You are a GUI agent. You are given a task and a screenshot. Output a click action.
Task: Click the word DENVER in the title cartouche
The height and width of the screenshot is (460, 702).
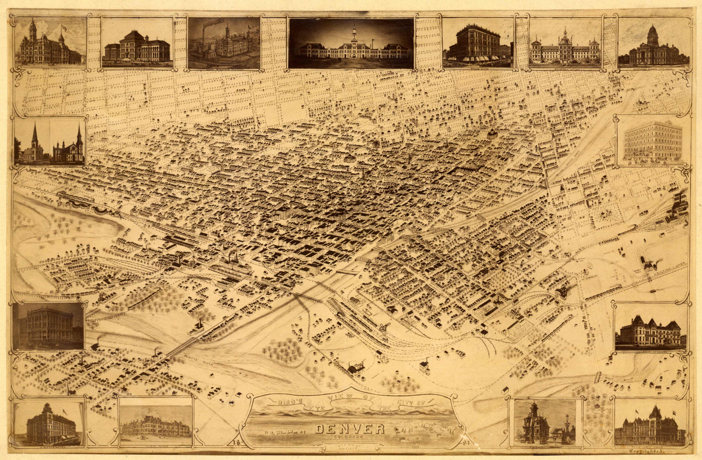[350, 429]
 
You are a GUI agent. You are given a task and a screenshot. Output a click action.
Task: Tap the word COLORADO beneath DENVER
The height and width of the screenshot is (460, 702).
[350, 436]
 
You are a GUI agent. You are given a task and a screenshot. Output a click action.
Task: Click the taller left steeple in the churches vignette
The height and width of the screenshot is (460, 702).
[35, 135]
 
